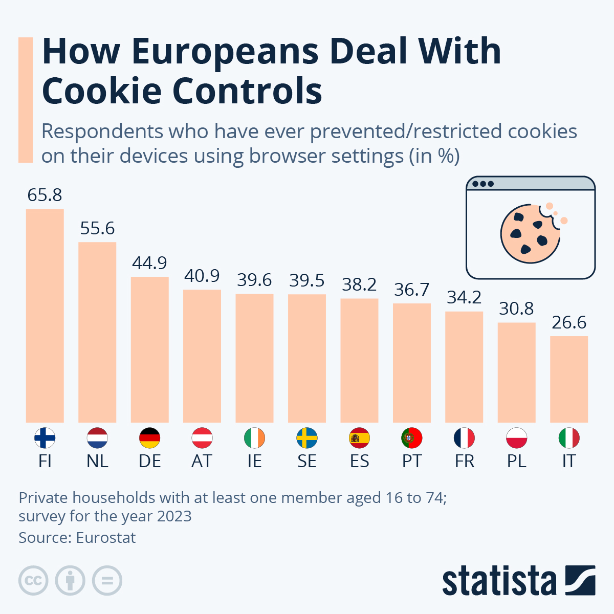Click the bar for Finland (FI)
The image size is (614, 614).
(x=45, y=315)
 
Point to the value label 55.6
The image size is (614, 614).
(x=97, y=228)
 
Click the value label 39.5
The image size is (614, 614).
(x=307, y=280)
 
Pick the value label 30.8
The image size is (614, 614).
(x=516, y=309)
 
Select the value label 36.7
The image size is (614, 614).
(x=412, y=290)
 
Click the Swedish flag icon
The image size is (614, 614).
(x=307, y=438)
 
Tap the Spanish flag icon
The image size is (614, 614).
(x=359, y=438)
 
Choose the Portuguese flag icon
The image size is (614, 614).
(x=412, y=438)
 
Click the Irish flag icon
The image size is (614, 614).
(x=254, y=438)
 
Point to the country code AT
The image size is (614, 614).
(x=202, y=461)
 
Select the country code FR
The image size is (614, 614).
(x=464, y=461)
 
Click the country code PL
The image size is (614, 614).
(x=516, y=461)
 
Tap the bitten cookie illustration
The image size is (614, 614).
(x=530, y=233)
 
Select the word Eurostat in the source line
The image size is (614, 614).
(x=106, y=538)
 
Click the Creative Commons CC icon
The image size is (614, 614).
(x=33, y=581)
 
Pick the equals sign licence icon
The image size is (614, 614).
(x=107, y=581)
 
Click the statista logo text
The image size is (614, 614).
(x=499, y=581)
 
